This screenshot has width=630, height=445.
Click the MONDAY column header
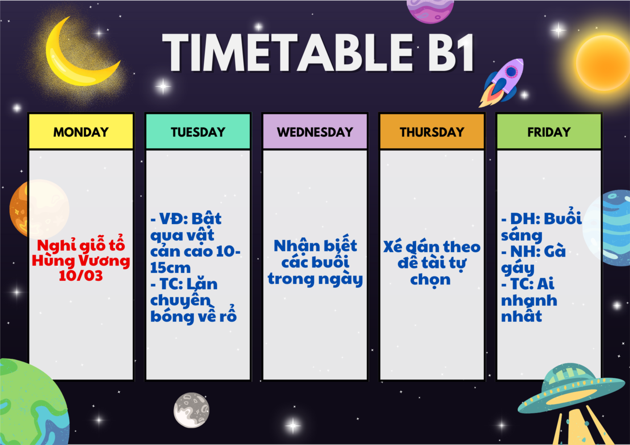pos(81,131)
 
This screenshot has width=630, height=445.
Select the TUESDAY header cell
pos(198,131)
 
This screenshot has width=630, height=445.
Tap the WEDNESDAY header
pos(315,131)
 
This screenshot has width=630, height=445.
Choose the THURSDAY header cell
pos(432,131)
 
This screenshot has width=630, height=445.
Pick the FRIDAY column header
pos(549,131)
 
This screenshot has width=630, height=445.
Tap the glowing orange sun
pos(603,62)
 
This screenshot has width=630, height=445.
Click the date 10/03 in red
pos(81,275)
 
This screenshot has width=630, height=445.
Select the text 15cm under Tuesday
pos(171,267)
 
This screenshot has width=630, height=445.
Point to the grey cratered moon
pos(192,410)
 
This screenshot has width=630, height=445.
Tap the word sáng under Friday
pos(522,236)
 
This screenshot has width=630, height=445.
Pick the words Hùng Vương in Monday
pos(81,260)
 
